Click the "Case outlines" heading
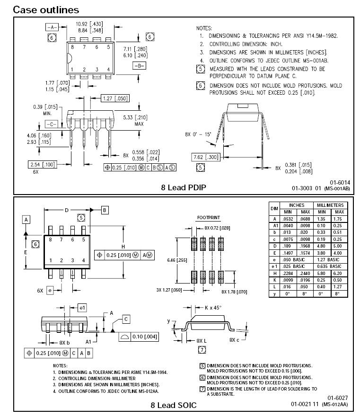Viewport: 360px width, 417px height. (x=46, y=9)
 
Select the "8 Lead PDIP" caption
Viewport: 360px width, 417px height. (x=184, y=187)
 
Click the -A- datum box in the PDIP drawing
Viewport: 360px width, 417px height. (x=51, y=27)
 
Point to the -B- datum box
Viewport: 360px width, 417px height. (x=139, y=66)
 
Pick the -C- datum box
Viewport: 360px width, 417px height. (x=52, y=124)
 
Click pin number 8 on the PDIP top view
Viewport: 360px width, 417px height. (x=72, y=47)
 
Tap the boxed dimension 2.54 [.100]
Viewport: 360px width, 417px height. (x=42, y=164)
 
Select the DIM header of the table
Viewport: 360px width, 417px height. (x=274, y=208)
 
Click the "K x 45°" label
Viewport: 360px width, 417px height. (x=212, y=307)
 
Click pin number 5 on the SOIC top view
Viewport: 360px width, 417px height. (x=83, y=240)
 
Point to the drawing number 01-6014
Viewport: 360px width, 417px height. (x=340, y=182)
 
